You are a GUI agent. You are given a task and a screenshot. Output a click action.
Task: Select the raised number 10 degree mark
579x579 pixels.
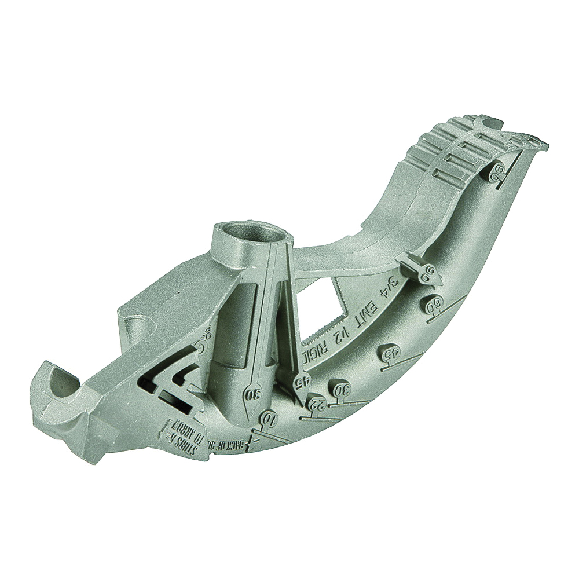point(267,417)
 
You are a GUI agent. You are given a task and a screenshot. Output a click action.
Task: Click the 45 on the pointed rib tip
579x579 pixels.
point(302,380)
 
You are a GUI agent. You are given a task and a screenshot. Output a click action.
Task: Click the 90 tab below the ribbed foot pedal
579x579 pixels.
point(496,169)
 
